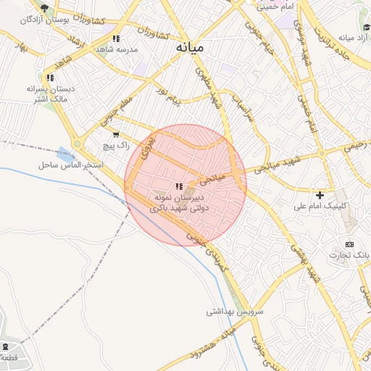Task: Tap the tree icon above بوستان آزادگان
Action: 45,8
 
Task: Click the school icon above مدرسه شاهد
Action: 116,38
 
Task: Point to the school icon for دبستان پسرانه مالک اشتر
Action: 50,78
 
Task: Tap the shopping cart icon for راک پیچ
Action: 115,135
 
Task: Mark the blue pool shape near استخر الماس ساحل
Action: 66,154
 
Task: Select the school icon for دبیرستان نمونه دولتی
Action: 179,186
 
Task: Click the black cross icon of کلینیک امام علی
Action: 320,195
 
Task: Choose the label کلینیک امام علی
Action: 320,206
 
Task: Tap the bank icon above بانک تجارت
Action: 350,244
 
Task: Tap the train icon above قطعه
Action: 7,347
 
